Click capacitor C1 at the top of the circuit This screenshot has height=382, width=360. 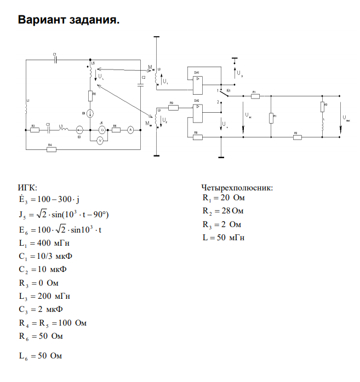(x=55, y=60)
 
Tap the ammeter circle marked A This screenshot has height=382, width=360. (x=130, y=130)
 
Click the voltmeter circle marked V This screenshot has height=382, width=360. (x=100, y=141)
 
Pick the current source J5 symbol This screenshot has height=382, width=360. (x=101, y=130)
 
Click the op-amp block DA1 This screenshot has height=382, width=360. (x=197, y=84)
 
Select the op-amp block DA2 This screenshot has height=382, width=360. (x=197, y=113)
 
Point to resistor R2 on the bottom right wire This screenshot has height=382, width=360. (x=297, y=137)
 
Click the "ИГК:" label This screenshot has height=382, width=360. (x=27, y=188)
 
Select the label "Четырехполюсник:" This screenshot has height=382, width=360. (x=237, y=188)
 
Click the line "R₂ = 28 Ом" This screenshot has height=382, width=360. (x=222, y=211)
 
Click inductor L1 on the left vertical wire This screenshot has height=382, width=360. (x=26, y=107)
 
